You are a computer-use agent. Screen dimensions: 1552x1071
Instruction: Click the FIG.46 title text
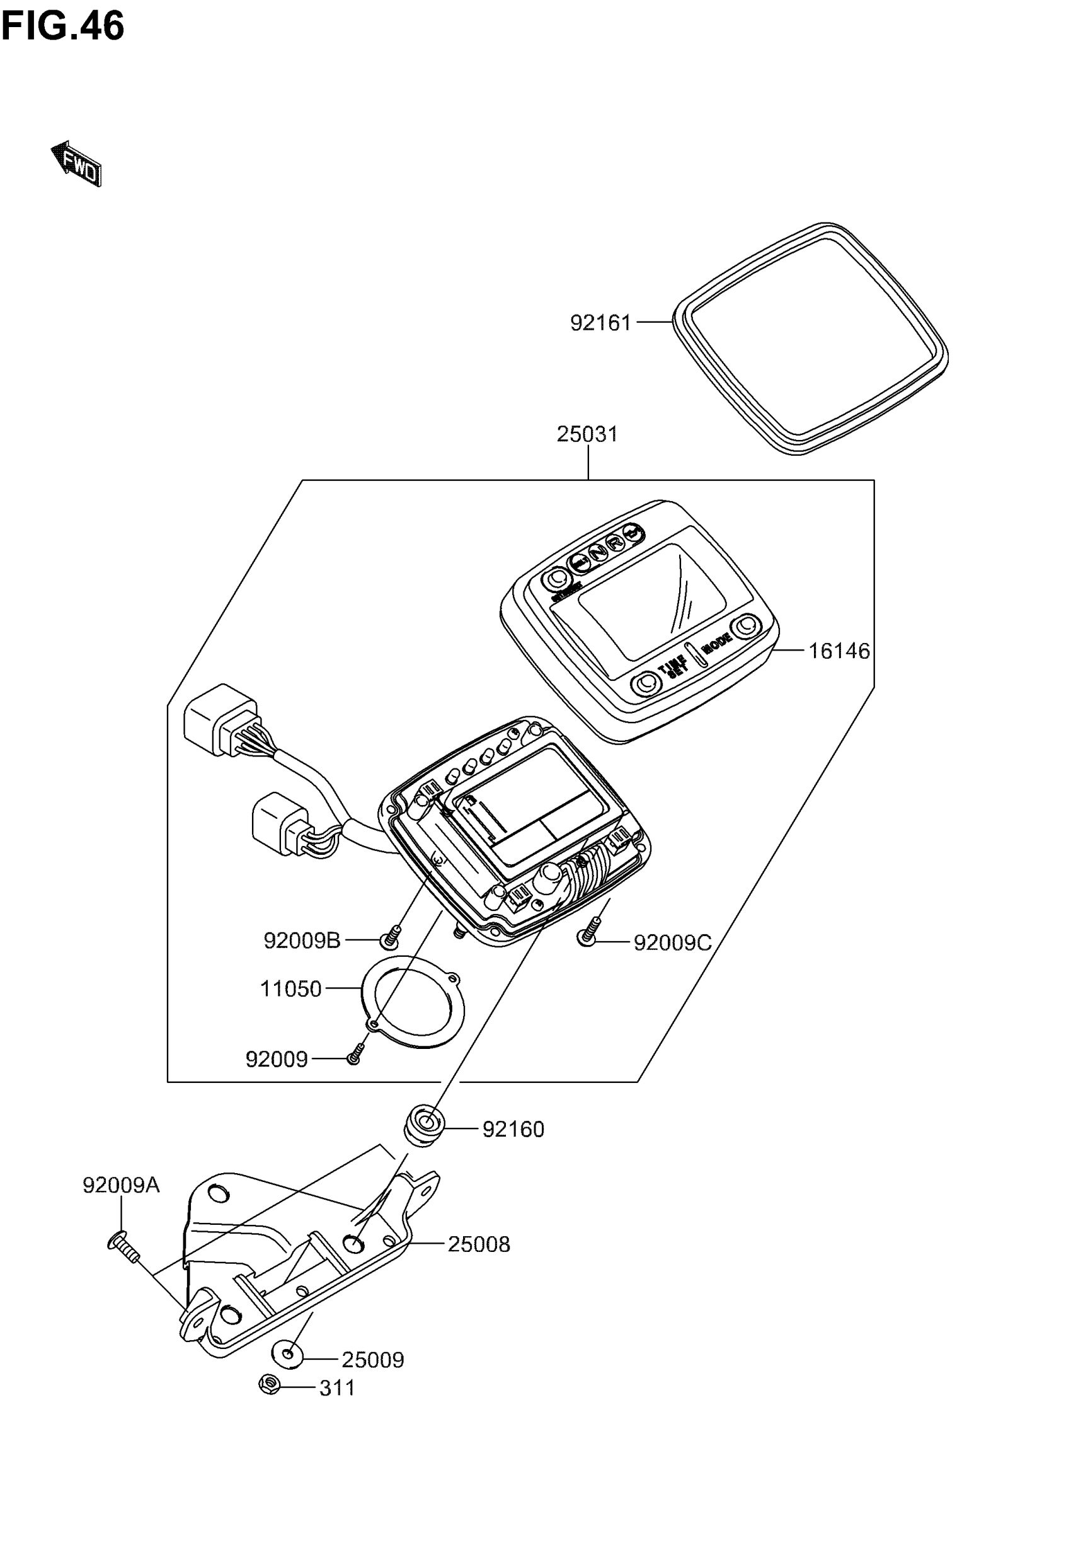click(x=62, y=27)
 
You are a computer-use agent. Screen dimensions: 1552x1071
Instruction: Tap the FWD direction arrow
click(x=76, y=164)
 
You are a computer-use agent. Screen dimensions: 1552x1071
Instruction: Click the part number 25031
click(x=587, y=434)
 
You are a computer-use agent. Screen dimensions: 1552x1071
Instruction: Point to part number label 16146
click(x=839, y=651)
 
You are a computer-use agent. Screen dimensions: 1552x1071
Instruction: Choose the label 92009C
click(x=672, y=943)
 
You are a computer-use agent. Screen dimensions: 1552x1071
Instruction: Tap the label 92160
click(x=513, y=1130)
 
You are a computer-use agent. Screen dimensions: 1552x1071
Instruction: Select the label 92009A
click(x=122, y=1186)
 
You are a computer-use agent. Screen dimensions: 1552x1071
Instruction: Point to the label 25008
click(x=478, y=1244)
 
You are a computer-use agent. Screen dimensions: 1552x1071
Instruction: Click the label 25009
click(x=372, y=1360)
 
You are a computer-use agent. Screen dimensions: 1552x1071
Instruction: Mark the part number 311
click(x=337, y=1387)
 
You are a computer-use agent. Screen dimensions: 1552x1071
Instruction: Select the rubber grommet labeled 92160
click(x=423, y=1128)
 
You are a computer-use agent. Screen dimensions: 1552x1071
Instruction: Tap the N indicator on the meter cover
click(x=597, y=551)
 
